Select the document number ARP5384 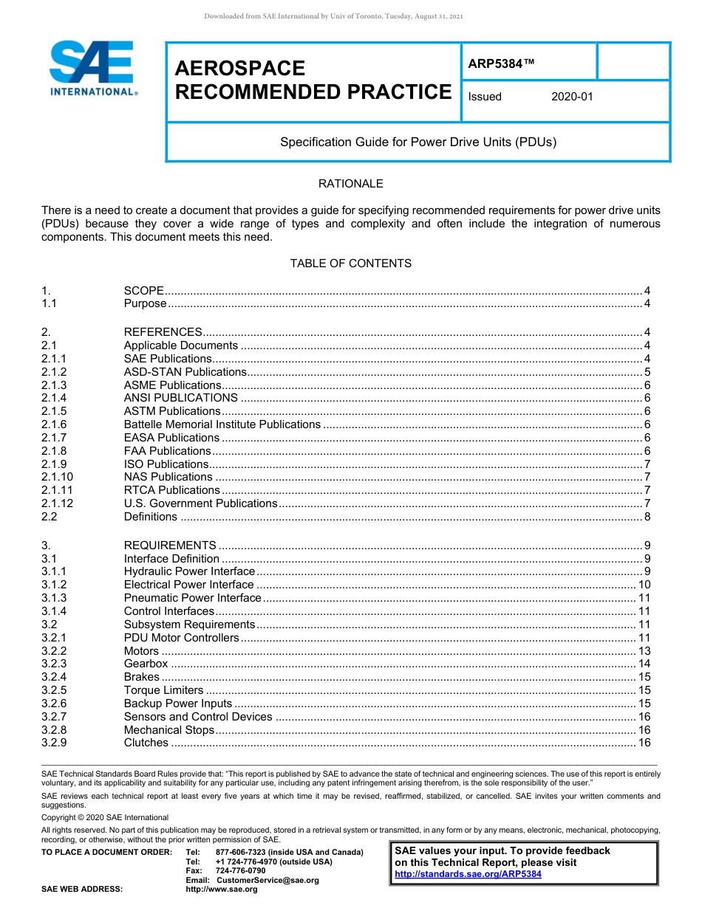500,64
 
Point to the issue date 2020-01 572,97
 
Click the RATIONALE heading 350,184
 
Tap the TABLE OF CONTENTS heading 350,264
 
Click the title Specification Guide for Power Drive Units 418,142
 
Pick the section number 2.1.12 58,503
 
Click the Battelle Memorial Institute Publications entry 222,424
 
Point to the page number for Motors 644,651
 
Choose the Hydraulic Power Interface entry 189,571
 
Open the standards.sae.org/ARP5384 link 468,874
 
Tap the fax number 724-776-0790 240,871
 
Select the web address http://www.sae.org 222,890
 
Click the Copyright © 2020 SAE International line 105,817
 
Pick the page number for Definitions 647,517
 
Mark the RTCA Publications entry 171,490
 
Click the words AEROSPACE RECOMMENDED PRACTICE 313,80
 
